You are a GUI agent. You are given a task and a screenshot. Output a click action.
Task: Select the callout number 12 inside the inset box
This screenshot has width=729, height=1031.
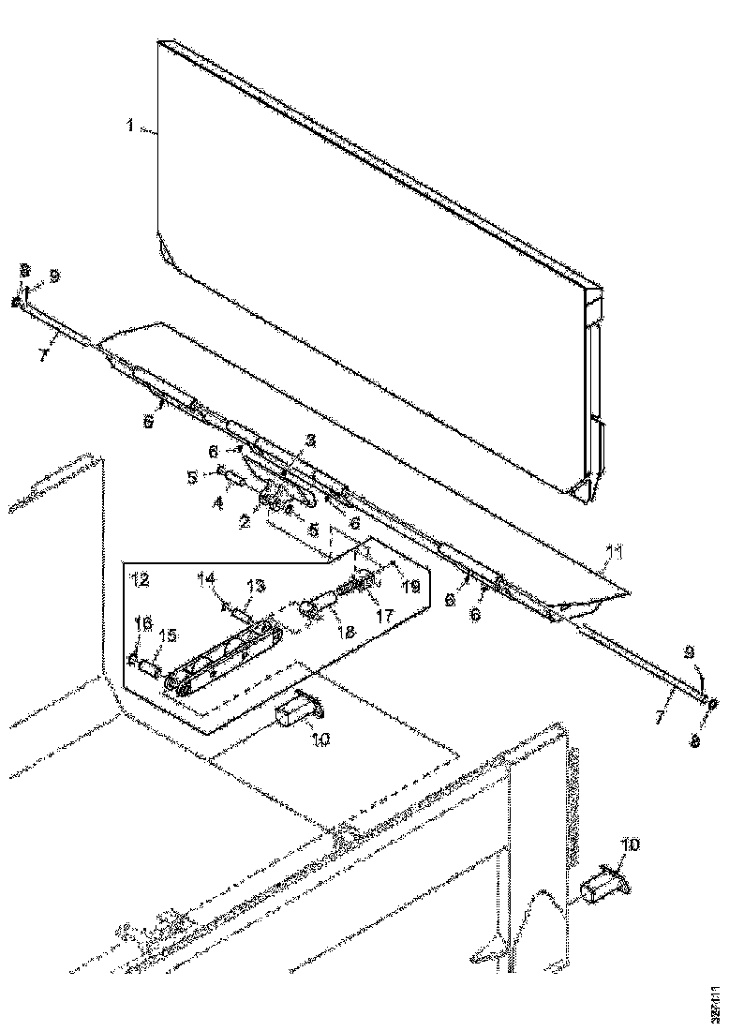click(140, 580)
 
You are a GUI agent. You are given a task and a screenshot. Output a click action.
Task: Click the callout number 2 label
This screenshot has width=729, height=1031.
click(244, 522)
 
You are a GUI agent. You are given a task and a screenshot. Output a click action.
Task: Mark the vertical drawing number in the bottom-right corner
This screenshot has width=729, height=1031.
click(716, 1002)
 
